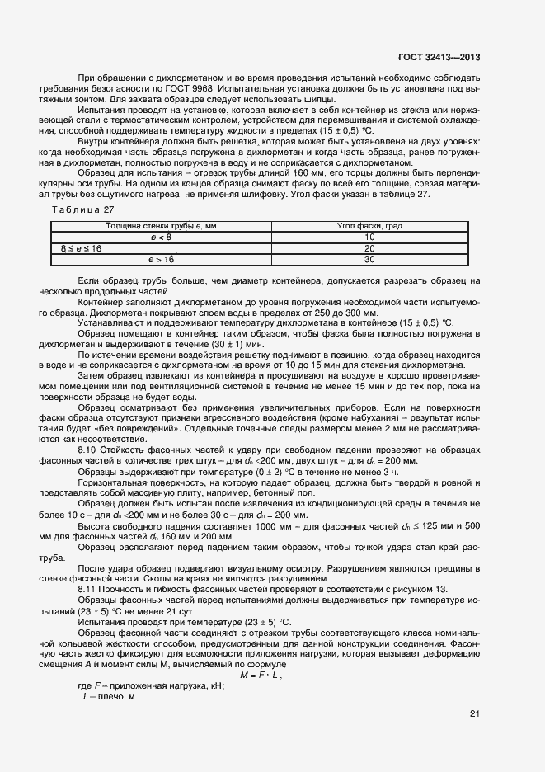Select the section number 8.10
[x=87, y=449]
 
